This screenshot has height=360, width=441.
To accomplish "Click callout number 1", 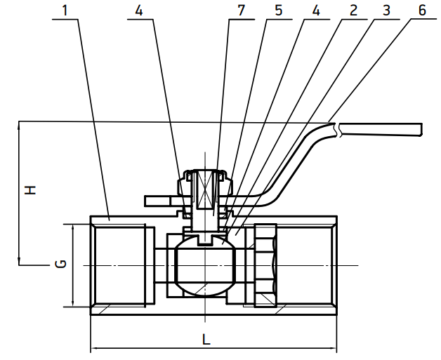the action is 65,11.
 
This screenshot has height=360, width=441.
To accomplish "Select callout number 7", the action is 242,11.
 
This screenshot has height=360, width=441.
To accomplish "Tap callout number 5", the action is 278,11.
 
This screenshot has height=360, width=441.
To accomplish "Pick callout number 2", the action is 353,11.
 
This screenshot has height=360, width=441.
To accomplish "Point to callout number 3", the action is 387,11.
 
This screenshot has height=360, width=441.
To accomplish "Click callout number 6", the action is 422,11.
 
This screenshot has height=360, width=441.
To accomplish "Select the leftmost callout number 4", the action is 139,11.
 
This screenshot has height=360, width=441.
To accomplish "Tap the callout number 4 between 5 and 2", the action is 316,11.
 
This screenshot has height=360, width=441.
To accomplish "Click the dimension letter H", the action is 30,190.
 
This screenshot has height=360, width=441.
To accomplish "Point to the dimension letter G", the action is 60,264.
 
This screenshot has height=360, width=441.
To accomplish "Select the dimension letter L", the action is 206,340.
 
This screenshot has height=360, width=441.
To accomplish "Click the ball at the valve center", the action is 205,265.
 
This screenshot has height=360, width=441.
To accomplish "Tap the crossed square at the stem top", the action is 205,189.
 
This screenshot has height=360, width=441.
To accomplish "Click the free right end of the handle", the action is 421,130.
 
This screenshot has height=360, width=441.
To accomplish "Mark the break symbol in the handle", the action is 338,130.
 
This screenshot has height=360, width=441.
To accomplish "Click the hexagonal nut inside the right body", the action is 265,265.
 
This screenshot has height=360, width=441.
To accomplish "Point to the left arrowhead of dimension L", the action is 94,349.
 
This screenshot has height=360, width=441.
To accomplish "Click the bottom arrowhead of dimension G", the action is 73,304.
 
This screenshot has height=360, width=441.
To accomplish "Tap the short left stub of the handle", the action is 157,201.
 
